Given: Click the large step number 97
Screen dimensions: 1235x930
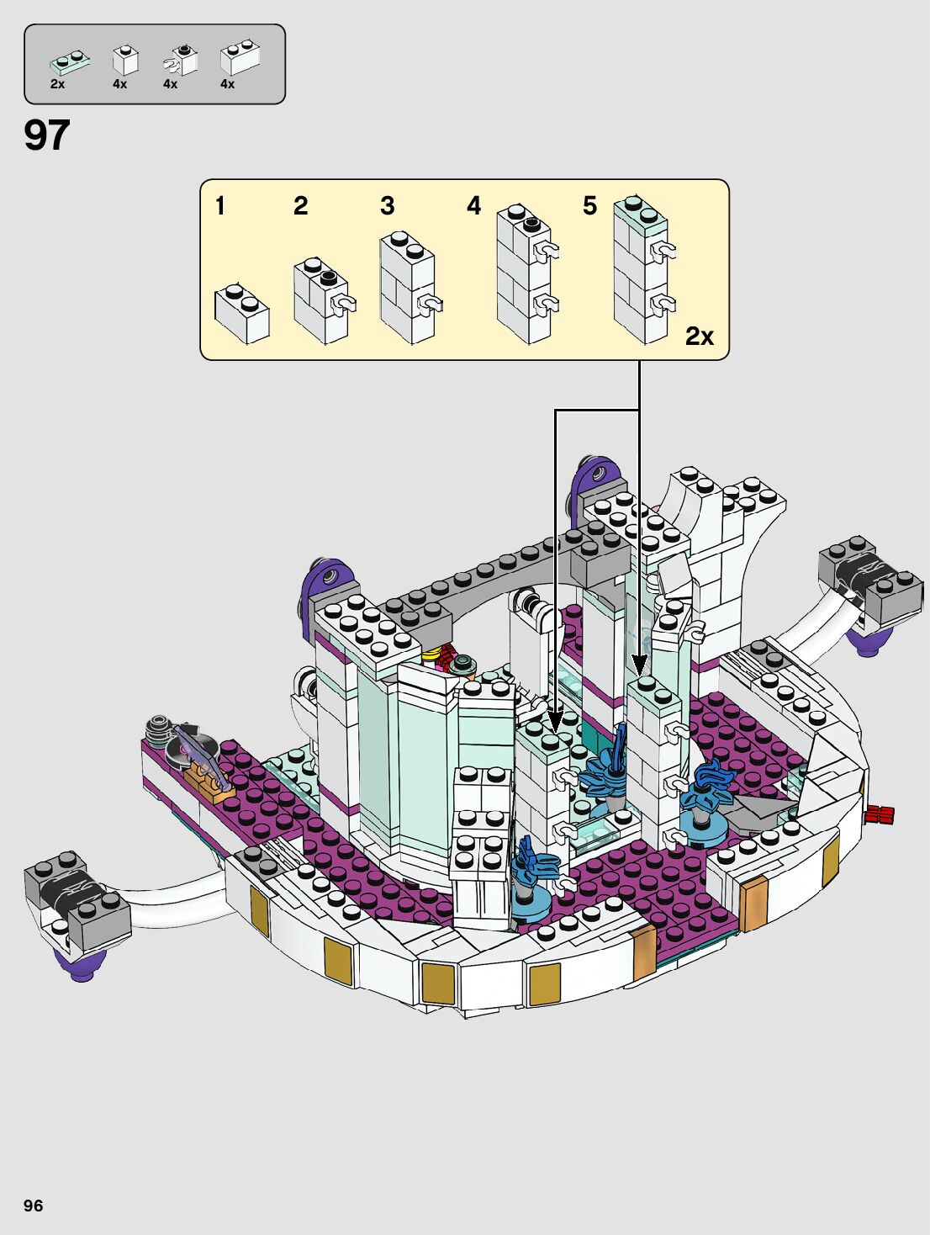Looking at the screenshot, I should tap(47, 135).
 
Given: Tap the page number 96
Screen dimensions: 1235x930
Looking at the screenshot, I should tap(33, 1206).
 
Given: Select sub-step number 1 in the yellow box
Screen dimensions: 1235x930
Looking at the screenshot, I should tap(220, 206).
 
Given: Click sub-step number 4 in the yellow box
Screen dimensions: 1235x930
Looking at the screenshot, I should tap(474, 206).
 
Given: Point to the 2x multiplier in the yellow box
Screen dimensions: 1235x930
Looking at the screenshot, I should tap(699, 337).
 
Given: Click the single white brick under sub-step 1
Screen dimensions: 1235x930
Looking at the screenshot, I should tap(241, 314).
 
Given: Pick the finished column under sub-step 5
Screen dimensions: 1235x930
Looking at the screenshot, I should tap(642, 269).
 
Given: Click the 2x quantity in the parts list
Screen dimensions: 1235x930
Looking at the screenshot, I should tap(57, 84).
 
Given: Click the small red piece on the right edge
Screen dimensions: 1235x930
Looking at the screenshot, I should tap(879, 814).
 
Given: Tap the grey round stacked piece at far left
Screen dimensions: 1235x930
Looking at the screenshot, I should tap(161, 727).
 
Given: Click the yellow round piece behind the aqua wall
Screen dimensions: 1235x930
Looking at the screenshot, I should tap(431, 654).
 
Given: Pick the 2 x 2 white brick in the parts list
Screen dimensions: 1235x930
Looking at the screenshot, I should tap(240, 57).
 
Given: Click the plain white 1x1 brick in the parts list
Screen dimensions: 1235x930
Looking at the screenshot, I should tap(125, 60).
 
